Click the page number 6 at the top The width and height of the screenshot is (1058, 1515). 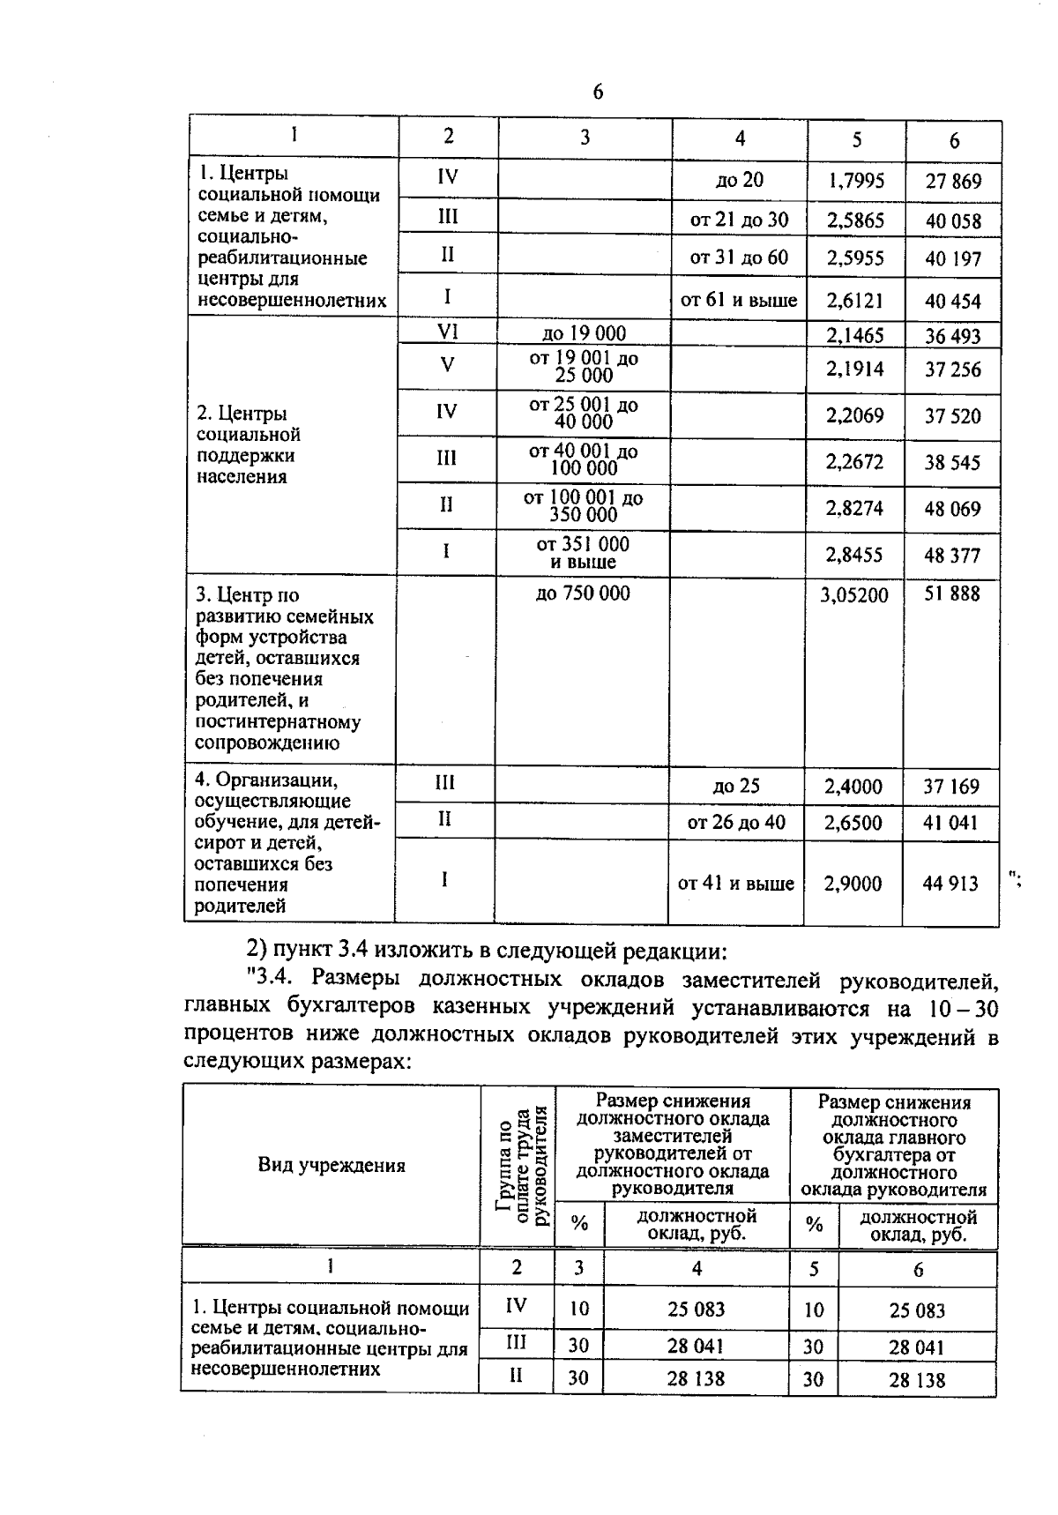598,92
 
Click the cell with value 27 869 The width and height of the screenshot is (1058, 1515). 953,182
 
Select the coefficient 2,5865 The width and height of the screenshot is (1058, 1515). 855,220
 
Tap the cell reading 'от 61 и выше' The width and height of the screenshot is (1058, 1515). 739,300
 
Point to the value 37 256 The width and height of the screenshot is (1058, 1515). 952,369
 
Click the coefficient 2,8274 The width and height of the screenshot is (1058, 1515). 854,509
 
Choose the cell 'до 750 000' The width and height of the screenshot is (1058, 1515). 583,593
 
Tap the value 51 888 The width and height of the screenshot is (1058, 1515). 951,593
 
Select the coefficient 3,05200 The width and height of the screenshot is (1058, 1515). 853,595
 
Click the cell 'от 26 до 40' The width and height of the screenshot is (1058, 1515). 736,823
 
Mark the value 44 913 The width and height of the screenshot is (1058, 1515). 950,884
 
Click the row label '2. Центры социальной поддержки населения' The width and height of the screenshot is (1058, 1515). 249,445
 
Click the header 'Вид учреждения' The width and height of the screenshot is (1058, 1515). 332,1166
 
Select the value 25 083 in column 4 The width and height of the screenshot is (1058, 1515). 696,1310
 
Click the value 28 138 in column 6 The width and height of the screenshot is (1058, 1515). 917,1380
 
